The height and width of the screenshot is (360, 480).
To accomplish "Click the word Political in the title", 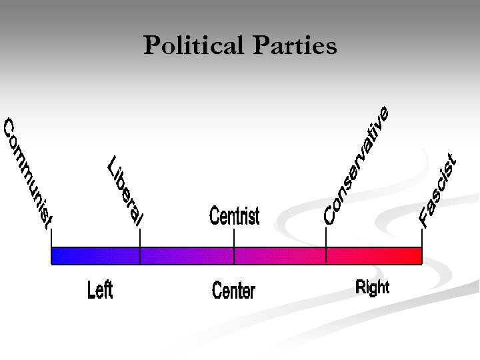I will [190, 46].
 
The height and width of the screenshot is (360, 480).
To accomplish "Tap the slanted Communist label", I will [27, 173].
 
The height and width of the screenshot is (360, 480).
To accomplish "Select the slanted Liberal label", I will [125, 191].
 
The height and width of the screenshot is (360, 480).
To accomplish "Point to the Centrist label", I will [234, 216].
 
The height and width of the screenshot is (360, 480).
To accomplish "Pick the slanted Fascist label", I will [439, 190].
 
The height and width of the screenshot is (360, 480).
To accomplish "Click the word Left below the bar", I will [100, 290].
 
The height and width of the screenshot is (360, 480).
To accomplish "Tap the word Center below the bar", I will [233, 291].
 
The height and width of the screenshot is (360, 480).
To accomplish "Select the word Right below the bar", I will [372, 287].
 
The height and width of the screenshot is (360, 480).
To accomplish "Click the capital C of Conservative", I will [328, 215].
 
